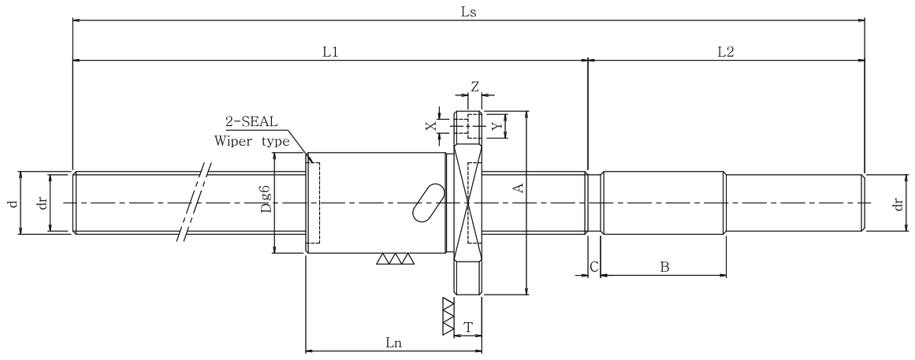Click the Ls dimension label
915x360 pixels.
(x=469, y=12)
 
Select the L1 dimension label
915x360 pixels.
(x=331, y=51)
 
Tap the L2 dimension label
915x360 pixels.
(x=725, y=51)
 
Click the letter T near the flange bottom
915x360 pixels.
(x=467, y=327)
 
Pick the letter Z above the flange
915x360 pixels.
(x=475, y=87)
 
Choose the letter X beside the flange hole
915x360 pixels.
(x=430, y=125)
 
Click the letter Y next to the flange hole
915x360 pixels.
(x=496, y=125)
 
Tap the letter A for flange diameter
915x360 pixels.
(x=517, y=187)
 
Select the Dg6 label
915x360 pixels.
(x=266, y=199)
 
